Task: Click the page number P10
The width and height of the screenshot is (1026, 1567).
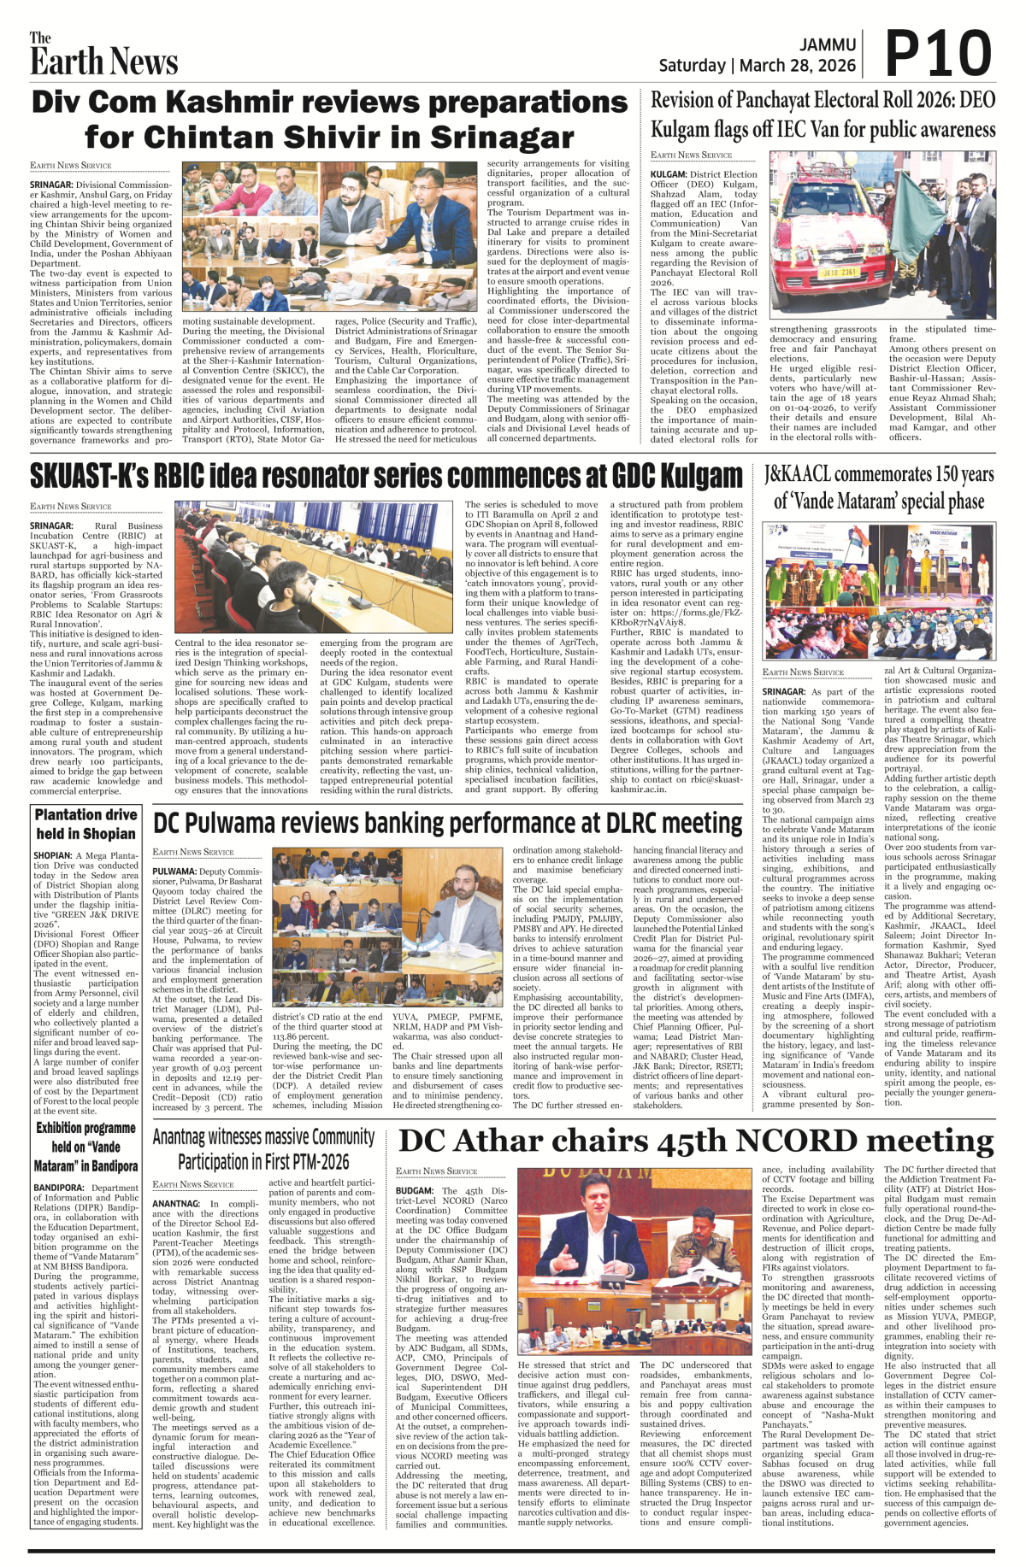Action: pyautogui.click(x=938, y=56)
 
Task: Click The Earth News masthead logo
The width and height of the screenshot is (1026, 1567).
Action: pyautogui.click(x=103, y=56)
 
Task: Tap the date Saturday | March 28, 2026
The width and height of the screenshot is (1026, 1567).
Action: pyautogui.click(x=757, y=66)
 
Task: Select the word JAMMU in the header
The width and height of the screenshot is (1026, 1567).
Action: pyautogui.click(x=828, y=44)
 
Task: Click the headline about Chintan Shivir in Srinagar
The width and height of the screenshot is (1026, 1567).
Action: pyautogui.click(x=329, y=120)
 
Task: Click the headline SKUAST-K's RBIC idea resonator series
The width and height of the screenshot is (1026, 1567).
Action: pyautogui.click(x=386, y=476)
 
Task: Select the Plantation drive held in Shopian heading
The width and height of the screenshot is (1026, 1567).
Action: pyautogui.click(x=85, y=824)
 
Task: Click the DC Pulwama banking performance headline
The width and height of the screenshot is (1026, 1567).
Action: pyautogui.click(x=447, y=823)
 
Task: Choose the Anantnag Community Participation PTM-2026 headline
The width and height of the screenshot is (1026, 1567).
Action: pyautogui.click(x=263, y=1149)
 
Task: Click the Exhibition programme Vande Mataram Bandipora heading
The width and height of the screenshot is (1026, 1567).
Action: pyautogui.click(x=85, y=1147)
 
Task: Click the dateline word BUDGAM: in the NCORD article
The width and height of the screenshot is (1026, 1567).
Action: pyautogui.click(x=416, y=1190)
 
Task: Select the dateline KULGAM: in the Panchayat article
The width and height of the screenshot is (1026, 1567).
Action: pyautogui.click(x=669, y=174)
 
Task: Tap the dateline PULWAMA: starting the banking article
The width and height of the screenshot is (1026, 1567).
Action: pyautogui.click(x=174, y=872)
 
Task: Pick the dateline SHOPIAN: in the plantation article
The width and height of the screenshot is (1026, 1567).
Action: pyautogui.click(x=53, y=855)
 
